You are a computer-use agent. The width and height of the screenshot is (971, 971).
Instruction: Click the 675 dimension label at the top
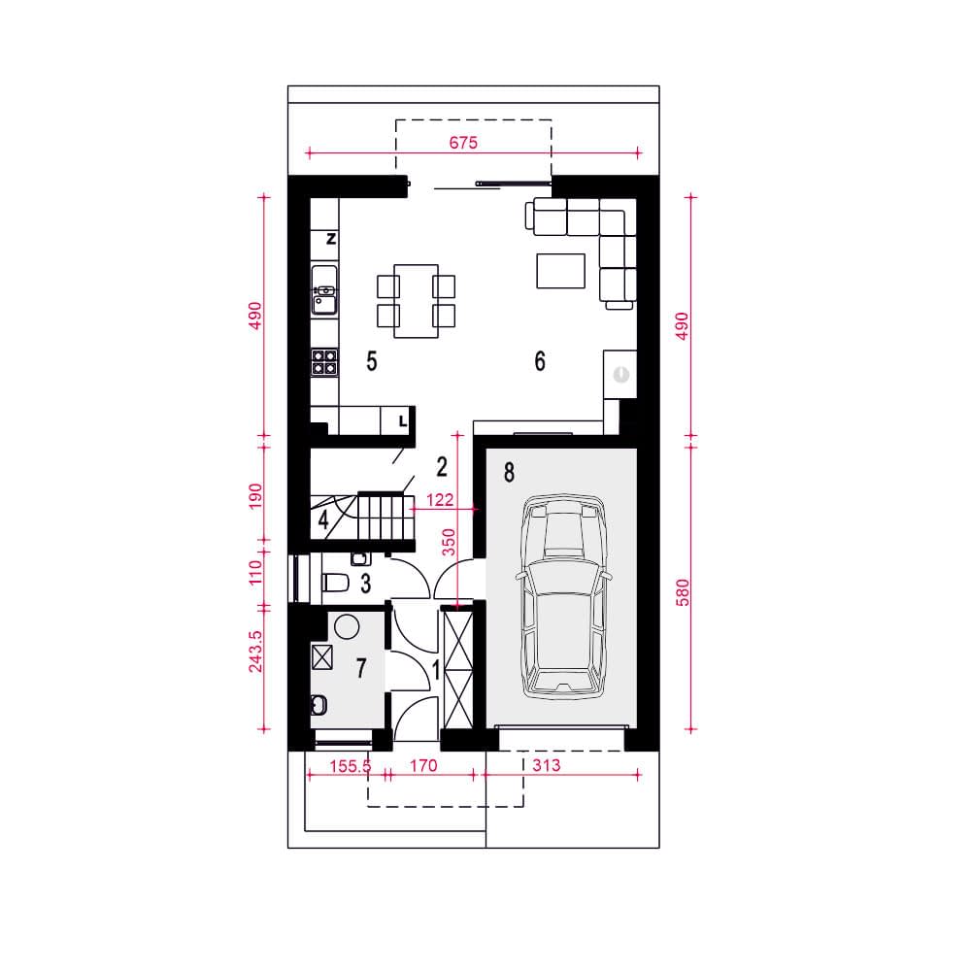click(x=463, y=143)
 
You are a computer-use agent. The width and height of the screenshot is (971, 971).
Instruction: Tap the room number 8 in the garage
click(x=509, y=473)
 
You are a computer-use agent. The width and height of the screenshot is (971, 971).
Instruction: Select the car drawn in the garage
click(x=563, y=596)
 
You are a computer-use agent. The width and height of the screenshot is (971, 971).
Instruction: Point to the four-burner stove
click(x=324, y=362)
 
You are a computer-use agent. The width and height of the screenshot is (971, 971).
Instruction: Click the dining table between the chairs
click(x=417, y=301)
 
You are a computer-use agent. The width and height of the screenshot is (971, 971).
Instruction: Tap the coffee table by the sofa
click(x=561, y=271)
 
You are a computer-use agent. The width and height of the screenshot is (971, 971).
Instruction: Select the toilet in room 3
click(x=335, y=583)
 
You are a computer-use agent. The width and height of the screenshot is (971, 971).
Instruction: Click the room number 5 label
click(x=372, y=361)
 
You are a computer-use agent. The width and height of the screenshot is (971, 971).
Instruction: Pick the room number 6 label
click(x=540, y=361)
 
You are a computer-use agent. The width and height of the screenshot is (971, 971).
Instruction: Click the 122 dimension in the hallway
click(x=440, y=500)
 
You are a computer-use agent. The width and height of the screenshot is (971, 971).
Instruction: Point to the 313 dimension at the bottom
click(x=546, y=765)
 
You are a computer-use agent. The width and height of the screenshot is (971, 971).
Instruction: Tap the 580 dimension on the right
click(x=683, y=592)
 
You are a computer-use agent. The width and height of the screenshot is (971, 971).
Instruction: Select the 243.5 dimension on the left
click(x=255, y=652)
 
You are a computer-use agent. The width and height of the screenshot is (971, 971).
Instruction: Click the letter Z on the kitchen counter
click(x=331, y=239)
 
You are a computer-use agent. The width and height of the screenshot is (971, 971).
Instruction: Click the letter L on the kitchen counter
click(x=403, y=421)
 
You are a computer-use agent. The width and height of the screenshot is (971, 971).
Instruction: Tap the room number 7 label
click(x=361, y=668)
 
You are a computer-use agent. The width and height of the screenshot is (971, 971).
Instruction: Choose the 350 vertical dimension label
click(x=449, y=542)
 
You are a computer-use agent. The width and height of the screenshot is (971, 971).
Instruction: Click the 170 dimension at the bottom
click(x=423, y=766)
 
